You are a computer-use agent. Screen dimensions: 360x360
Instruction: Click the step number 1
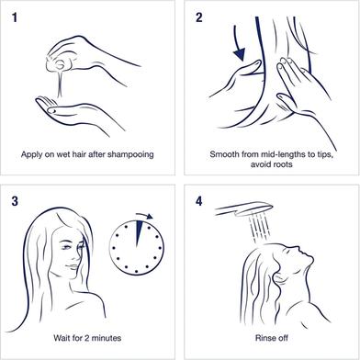tap(15, 17)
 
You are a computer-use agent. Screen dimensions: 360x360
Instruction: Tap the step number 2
tap(199, 17)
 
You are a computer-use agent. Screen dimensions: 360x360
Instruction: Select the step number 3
tap(15, 201)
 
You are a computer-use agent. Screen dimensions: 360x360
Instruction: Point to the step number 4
tap(199, 201)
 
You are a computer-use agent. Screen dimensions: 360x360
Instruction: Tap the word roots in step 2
tap(283, 164)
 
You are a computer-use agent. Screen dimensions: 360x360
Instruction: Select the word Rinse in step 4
tap(264, 338)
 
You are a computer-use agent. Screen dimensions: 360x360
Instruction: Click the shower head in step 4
tap(244, 209)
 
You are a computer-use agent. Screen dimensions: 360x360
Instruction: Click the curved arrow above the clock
tap(144, 216)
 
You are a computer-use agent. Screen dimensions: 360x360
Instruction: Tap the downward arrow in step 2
tap(238, 43)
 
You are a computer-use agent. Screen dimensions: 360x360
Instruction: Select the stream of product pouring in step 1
tap(61, 83)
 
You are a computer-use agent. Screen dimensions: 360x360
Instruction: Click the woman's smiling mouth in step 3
tap(73, 267)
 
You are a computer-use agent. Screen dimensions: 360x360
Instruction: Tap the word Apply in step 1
tap(31, 154)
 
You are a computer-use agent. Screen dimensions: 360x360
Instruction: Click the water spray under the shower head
tap(260, 227)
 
